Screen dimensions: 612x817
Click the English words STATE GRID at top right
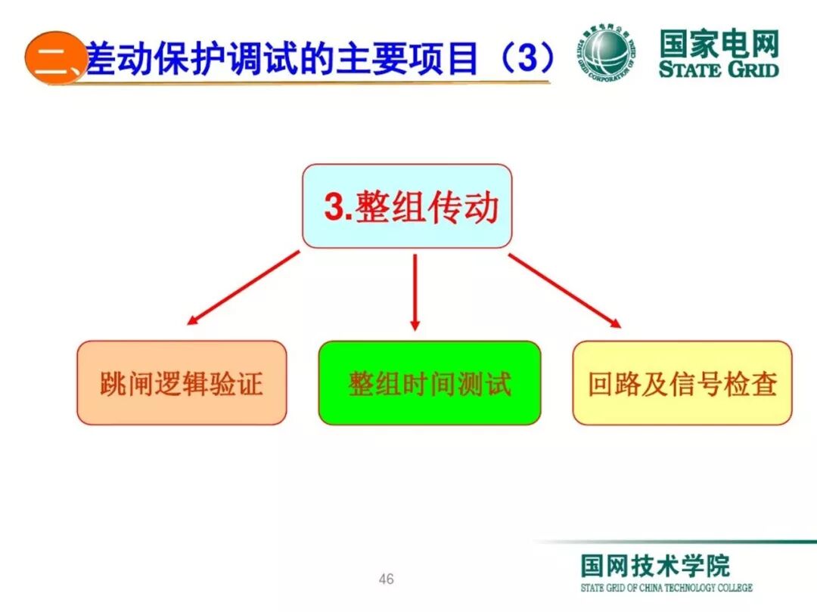click(718, 70)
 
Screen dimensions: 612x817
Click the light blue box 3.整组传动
click(407, 206)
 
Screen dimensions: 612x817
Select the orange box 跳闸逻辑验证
click(182, 382)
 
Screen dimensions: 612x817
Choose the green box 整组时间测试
click(429, 382)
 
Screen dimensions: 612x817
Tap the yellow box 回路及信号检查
click(682, 382)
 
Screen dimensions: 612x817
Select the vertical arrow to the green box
click(415, 292)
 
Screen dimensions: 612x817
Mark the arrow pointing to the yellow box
click(564, 290)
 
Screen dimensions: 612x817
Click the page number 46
click(386, 580)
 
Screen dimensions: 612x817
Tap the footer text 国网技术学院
click(655, 565)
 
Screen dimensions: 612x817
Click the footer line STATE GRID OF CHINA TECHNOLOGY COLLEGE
click(666, 588)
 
